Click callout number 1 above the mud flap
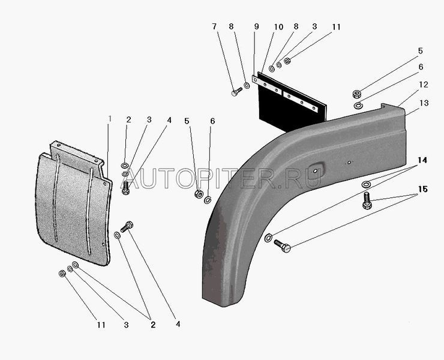tap(110, 119)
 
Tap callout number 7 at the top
tap(214, 26)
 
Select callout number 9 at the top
tap(257, 26)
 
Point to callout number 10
tap(278, 27)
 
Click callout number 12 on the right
tap(424, 85)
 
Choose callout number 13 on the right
tap(424, 103)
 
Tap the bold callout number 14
tap(422, 160)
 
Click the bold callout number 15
tap(423, 189)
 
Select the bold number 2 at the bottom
tap(153, 325)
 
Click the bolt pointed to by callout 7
tap(237, 92)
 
